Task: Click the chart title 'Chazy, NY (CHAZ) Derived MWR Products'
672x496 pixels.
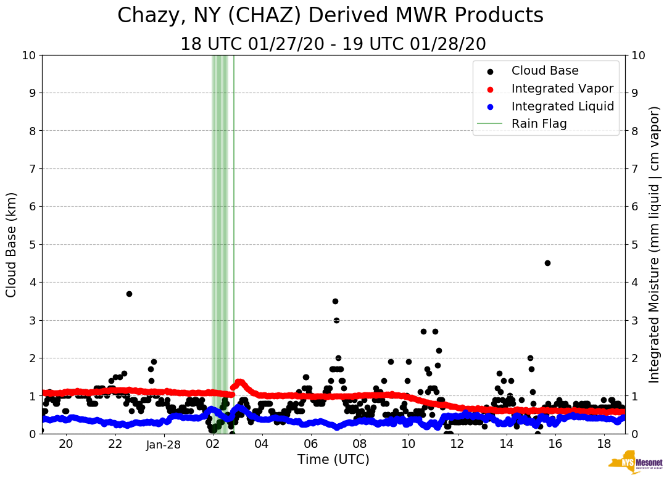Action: point(330,15)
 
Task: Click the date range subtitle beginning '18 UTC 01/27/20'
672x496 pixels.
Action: point(333,44)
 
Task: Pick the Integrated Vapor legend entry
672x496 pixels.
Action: point(562,88)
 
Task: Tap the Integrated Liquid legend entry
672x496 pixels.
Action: point(562,106)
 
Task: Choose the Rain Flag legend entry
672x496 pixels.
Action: point(539,123)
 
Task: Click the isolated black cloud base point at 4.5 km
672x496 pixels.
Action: point(547,263)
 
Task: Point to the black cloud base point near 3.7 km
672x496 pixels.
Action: point(129,294)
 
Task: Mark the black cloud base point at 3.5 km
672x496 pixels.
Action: point(335,301)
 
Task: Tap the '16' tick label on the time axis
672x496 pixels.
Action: point(555,444)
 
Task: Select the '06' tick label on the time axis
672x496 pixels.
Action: point(310,444)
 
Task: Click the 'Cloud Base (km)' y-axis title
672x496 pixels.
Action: point(12,244)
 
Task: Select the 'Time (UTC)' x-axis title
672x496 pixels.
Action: point(333,460)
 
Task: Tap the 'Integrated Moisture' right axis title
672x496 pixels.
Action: point(655,244)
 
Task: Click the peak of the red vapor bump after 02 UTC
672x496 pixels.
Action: point(239,381)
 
